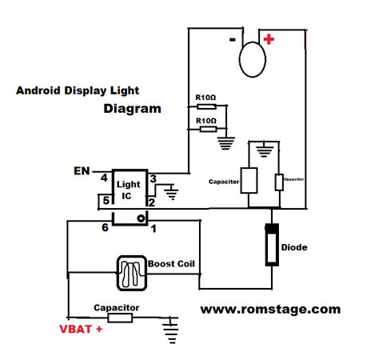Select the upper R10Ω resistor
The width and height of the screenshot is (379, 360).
[205, 106]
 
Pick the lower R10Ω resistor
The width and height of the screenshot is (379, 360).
[205, 127]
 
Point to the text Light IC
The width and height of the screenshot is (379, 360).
[129, 190]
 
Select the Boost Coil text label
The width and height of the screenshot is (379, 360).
[173, 264]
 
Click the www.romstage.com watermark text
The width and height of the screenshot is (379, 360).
[269, 309]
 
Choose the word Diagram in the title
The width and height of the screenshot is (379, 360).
[132, 108]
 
